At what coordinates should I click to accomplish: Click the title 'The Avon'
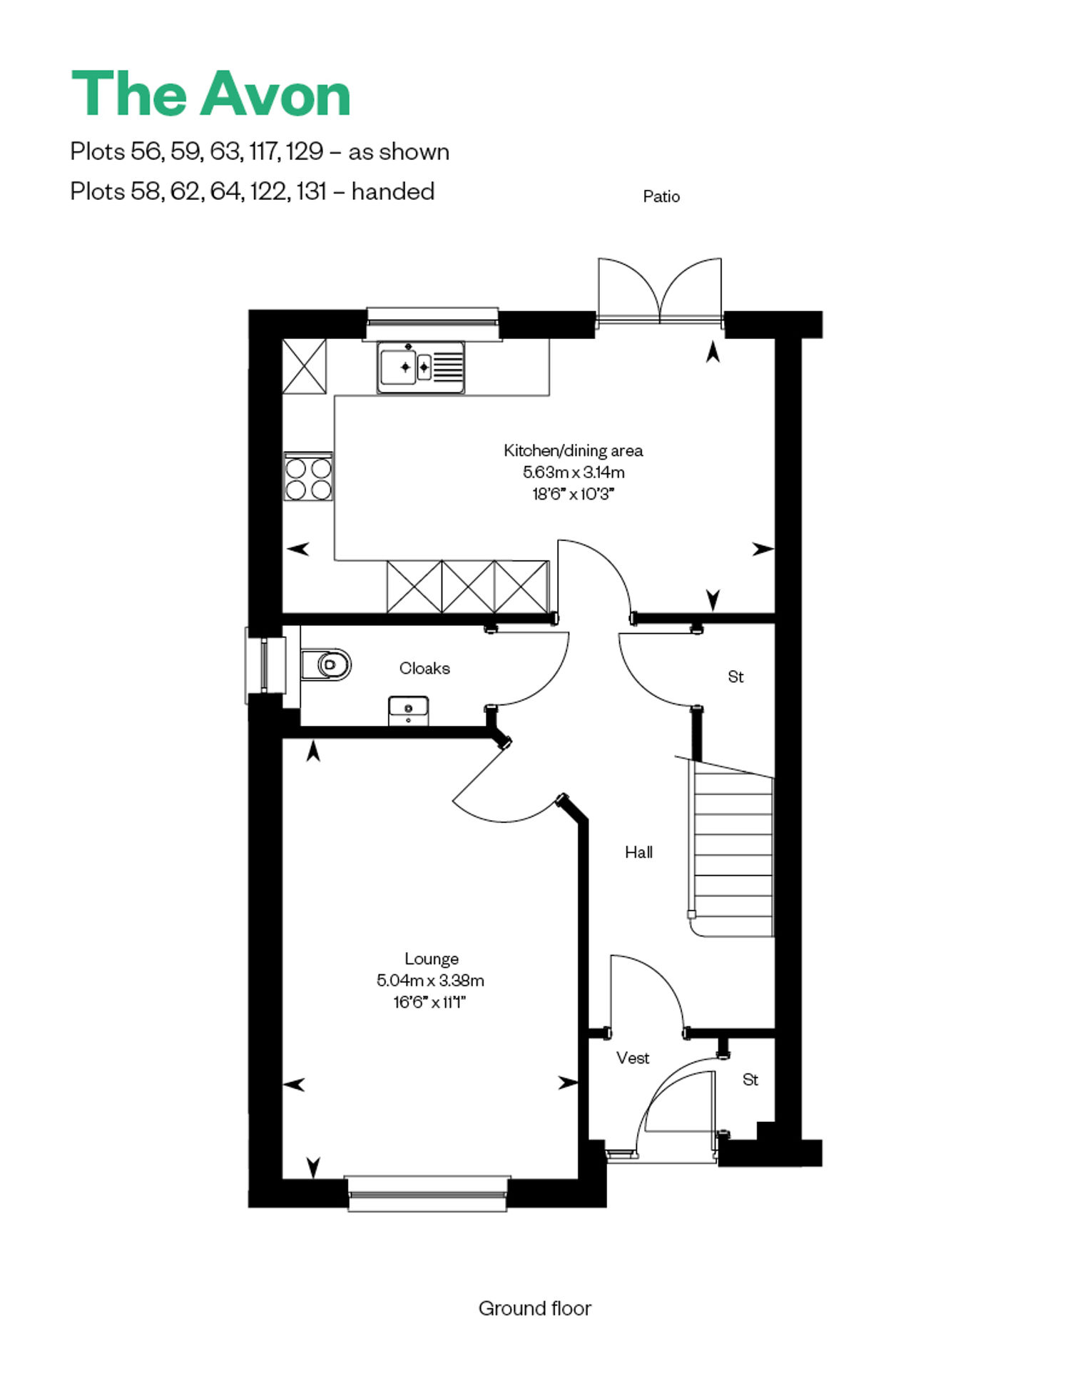click(211, 93)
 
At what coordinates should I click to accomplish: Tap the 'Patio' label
click(661, 196)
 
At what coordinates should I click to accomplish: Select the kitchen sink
click(421, 368)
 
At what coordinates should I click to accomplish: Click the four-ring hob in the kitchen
click(308, 477)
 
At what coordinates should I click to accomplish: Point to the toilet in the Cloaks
click(326, 664)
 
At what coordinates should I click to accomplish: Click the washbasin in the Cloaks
click(408, 711)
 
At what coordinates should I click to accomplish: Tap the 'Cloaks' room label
click(424, 668)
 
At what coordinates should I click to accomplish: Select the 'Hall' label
click(638, 851)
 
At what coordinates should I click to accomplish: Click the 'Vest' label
click(633, 1058)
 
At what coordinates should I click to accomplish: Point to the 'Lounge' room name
click(432, 958)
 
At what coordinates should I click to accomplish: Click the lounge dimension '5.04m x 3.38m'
click(430, 981)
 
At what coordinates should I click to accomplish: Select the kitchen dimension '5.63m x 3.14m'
click(574, 472)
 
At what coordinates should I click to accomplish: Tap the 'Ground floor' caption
click(535, 1308)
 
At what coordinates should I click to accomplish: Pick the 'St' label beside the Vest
click(750, 1080)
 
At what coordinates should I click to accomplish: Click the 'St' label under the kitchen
click(735, 677)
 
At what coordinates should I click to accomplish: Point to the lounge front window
click(427, 1193)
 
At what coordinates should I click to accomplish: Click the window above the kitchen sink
click(432, 323)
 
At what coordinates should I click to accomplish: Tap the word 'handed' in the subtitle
click(393, 191)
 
